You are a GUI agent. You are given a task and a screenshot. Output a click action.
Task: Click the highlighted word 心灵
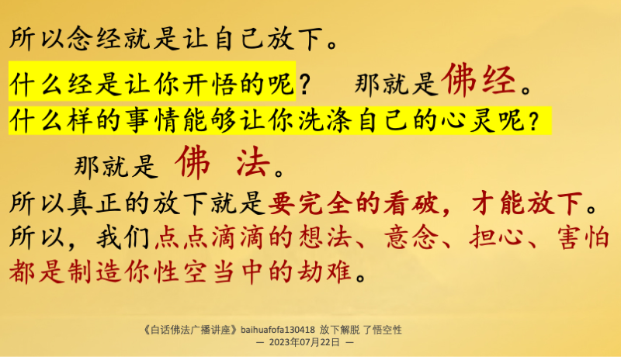coord(467,120)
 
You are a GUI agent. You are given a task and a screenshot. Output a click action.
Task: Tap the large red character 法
coord(253,162)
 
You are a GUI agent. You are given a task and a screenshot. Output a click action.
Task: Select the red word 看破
coord(411,203)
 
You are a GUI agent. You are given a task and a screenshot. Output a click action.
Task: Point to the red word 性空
coord(181,272)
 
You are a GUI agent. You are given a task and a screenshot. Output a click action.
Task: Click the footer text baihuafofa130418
coord(278,330)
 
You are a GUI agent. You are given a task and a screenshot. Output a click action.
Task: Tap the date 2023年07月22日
coord(304,342)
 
